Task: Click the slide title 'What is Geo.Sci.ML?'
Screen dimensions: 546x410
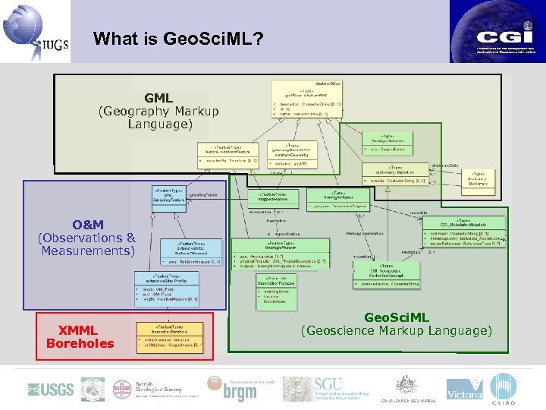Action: pyautogui.click(x=178, y=38)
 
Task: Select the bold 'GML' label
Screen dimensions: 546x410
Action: pyautogui.click(x=158, y=98)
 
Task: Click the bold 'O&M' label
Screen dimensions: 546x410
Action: pyautogui.click(x=88, y=225)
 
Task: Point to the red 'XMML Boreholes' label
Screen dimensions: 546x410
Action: pyautogui.click(x=80, y=336)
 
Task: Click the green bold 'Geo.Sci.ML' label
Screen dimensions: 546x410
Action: pyautogui.click(x=396, y=317)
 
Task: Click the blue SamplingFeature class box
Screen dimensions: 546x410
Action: pyautogui.click(x=169, y=196)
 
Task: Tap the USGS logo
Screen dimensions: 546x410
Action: pyautogui.click(x=51, y=389)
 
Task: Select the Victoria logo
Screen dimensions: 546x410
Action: pyautogui.click(x=464, y=390)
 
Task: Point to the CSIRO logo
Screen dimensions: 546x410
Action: pyautogui.click(x=504, y=389)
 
